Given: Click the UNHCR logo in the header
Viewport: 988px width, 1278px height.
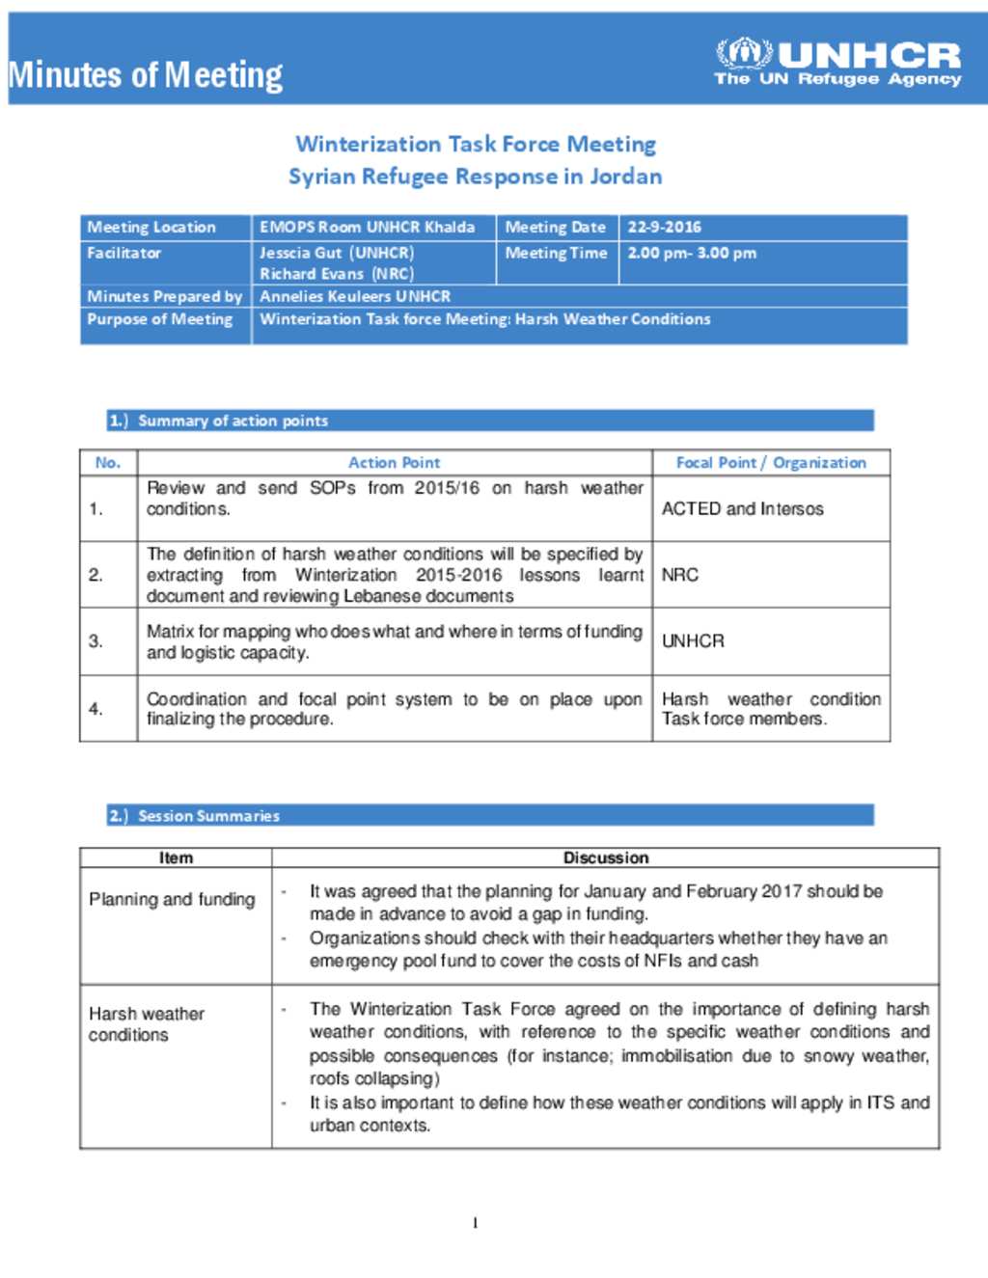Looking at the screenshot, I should point(837,63).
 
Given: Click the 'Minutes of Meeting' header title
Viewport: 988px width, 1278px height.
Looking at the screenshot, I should point(146,75).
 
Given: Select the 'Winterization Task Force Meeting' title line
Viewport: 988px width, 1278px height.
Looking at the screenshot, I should point(476,145).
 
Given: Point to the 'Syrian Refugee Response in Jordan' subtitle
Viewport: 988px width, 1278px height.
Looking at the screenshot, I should point(475,177).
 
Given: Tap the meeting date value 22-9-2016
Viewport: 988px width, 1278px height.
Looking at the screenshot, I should point(664,228).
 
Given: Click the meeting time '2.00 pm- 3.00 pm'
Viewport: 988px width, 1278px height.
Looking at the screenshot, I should point(692,253).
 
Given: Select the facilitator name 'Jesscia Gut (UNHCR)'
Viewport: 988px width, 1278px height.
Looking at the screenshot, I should point(337,253).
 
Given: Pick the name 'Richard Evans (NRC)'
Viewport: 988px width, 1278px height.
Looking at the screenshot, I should point(336,274).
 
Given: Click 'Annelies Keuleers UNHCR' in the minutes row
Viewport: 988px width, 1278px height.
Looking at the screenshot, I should point(355,296).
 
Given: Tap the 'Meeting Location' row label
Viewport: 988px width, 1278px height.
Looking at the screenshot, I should point(151,228).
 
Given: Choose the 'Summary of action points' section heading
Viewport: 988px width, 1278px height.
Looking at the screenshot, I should point(233,421).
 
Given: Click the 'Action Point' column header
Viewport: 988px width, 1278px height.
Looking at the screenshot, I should point(394,463).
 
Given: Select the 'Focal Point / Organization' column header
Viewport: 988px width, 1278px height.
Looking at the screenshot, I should point(771,463).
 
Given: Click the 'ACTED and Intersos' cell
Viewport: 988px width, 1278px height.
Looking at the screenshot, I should point(743,508).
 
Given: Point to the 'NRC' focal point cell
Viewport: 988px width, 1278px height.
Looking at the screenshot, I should point(680,575).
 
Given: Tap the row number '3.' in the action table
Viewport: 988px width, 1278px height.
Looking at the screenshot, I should point(96,641).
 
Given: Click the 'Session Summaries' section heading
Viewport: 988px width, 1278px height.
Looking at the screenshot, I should point(208,816).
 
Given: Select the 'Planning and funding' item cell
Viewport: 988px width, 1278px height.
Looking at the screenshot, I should point(172,900).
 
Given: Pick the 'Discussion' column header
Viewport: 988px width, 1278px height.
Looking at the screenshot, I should point(606,857).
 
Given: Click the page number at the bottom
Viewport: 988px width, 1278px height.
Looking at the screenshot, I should point(475,1223).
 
